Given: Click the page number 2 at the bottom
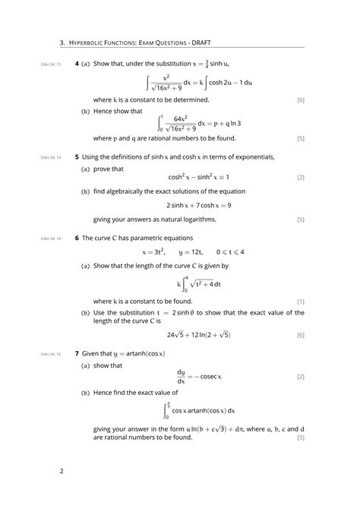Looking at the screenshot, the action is click(62, 471).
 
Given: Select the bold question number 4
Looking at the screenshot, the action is click(77, 65).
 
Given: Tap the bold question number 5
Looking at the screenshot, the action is click(77, 157).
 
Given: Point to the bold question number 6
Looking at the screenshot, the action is click(77, 238).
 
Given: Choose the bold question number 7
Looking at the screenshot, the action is click(77, 353).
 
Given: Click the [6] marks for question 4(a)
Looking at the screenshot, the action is click(301, 100).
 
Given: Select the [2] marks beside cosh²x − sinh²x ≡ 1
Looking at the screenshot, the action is click(301, 178).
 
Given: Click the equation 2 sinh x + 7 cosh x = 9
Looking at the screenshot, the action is click(199, 205).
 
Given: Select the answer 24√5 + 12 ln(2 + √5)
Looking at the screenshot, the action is click(199, 335).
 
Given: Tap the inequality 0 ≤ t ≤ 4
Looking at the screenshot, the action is click(230, 251).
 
